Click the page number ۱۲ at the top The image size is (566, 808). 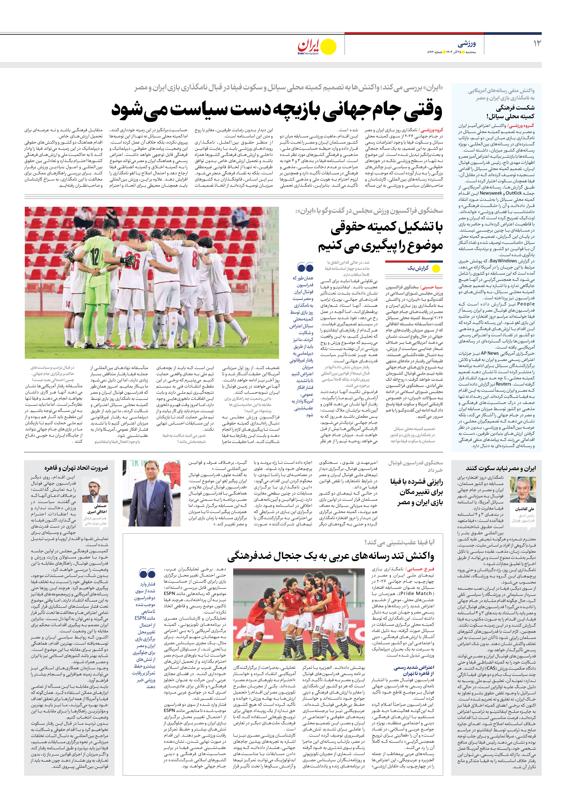click(537, 44)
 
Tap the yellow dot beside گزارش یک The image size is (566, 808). click(436, 269)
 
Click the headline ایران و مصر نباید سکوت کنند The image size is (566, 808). click(501, 468)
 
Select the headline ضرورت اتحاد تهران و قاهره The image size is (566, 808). click(76, 468)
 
